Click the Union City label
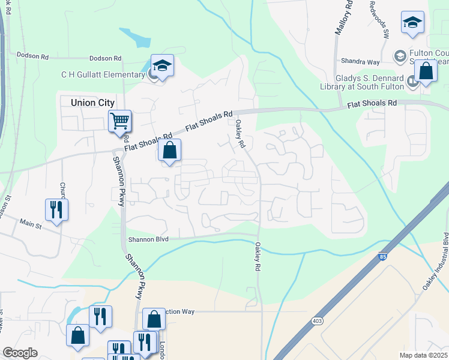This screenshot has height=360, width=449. (x=92, y=103)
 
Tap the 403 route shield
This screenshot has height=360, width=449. (x=316, y=321)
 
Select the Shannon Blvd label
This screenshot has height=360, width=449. (x=148, y=239)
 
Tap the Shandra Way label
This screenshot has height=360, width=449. (x=360, y=61)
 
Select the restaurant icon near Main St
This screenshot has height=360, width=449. (x=57, y=209)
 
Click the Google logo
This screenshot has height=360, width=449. (x=20, y=353)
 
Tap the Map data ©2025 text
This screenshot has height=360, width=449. (x=423, y=355)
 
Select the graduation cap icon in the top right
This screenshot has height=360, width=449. (x=412, y=22)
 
